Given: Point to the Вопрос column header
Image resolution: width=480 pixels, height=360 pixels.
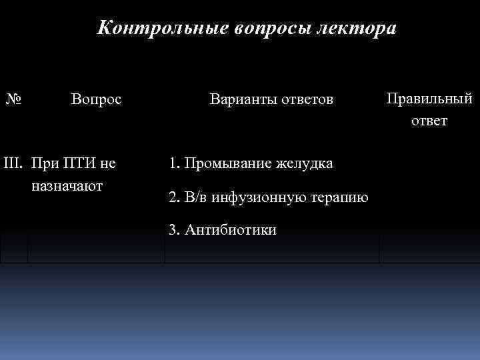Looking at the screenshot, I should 96,100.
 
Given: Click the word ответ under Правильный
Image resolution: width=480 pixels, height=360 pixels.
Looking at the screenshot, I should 429,121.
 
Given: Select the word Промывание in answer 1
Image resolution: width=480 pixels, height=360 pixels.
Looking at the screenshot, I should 223,163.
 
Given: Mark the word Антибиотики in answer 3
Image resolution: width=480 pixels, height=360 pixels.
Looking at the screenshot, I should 231,230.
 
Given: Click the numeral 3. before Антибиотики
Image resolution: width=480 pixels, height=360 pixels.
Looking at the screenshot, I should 174,230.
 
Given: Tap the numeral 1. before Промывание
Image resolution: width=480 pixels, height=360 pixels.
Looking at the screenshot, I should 174,163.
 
